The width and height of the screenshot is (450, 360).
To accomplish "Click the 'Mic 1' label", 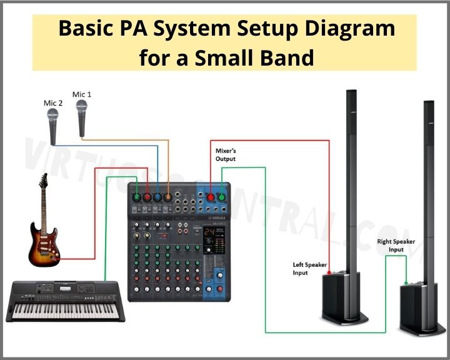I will point(82,94).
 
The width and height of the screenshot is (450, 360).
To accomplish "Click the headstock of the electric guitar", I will point(43,182).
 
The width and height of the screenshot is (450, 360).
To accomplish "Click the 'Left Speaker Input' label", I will point(310,269).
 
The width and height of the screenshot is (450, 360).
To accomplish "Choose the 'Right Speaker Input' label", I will point(395,246).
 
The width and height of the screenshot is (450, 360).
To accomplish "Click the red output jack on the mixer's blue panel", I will point(211,197).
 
